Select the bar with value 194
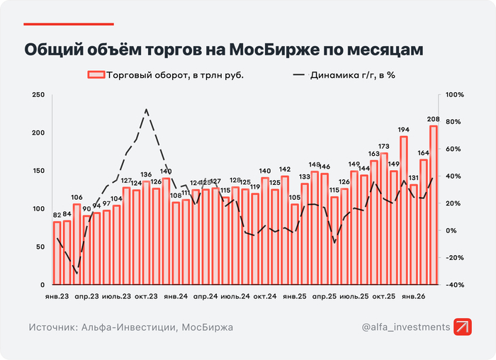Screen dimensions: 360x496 click(403, 210)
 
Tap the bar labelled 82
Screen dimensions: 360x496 click(57, 253)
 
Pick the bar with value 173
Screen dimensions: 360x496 click(383, 218)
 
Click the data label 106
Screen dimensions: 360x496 click(77, 198)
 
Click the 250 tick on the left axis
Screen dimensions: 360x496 click(39, 95)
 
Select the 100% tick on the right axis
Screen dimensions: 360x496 click(454, 95)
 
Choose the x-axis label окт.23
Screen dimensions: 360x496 click(146, 296)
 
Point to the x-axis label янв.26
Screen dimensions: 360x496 click(413, 296)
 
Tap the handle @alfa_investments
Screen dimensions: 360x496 click(405, 327)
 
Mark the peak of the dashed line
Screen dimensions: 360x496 click(146, 110)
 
